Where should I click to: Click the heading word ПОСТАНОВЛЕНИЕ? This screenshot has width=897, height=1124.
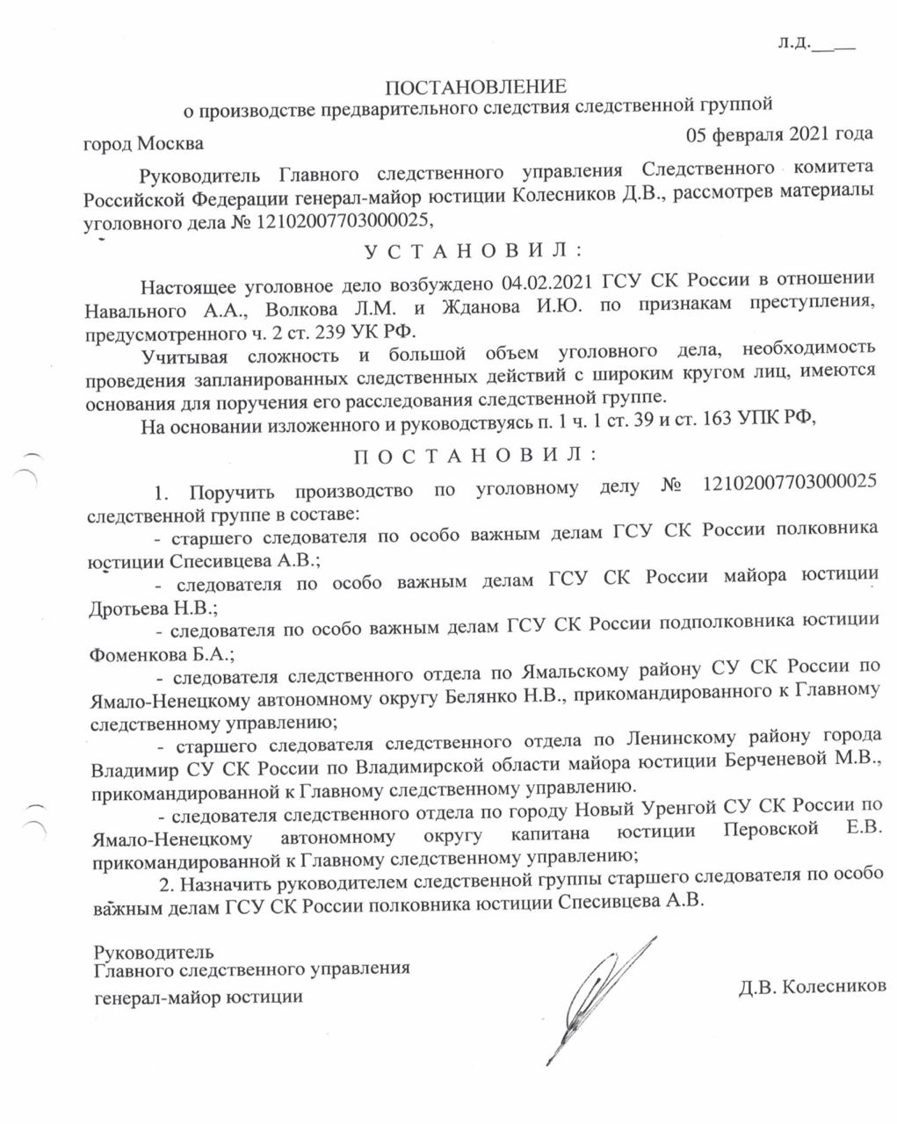click(476, 86)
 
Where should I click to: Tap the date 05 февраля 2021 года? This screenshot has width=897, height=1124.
click(778, 133)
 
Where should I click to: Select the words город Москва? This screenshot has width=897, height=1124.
click(143, 143)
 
